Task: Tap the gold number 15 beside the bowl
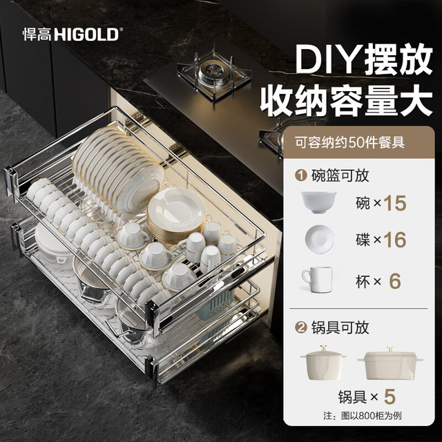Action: coord(395,203)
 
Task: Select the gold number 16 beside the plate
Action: coord(395,240)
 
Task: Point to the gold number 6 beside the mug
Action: coord(395,281)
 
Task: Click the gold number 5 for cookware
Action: coord(390,397)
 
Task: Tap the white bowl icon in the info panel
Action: coord(319,202)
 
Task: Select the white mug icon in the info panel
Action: coord(318,280)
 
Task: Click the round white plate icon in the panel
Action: coord(319,240)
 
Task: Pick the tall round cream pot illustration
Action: coord(323,363)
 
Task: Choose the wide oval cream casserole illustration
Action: coord(390,363)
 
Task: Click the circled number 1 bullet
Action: coord(301,175)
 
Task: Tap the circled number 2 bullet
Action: coord(301,327)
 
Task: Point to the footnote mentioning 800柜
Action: coord(363,416)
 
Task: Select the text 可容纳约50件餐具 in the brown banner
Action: coord(350,142)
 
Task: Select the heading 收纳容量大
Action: coord(347,100)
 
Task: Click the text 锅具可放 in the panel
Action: coord(340,327)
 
